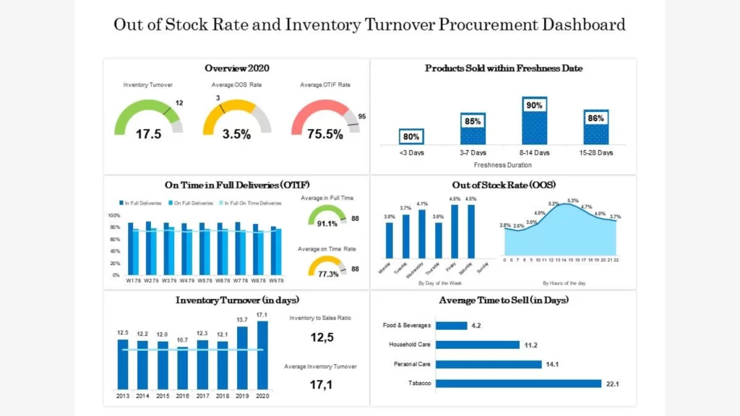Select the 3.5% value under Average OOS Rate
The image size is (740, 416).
236,134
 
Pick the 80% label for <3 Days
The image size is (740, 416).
410,136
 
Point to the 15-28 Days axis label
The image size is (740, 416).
596,152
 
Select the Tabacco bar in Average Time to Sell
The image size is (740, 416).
518,383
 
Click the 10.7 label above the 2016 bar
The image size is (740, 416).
182,339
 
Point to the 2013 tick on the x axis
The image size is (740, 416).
123,396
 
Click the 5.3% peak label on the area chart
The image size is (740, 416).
573,200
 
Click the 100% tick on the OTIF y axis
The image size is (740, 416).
113,216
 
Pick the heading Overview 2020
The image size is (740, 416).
236,69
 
